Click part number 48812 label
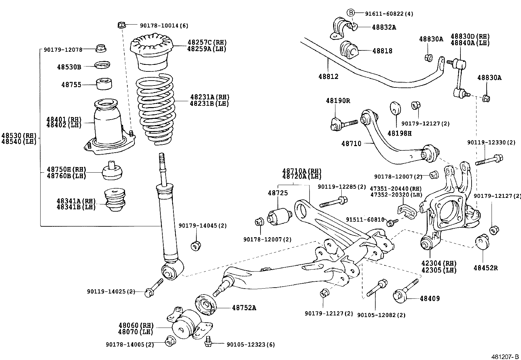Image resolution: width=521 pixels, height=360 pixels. pos(328,77)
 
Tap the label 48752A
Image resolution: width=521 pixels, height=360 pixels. pos(244,308)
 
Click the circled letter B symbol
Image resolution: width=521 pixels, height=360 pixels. pos(350,13)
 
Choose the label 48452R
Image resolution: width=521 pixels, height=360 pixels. pos(485,268)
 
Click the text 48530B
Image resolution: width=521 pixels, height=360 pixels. pos(69,67)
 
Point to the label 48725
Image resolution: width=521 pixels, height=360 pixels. pos(278,193)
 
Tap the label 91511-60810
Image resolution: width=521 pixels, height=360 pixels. pos(365,219)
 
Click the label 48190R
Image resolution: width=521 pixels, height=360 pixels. pos(338,101)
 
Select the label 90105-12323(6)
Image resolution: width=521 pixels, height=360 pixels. pos(251,344)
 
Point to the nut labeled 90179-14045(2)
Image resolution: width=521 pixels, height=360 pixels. pos(196,245)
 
